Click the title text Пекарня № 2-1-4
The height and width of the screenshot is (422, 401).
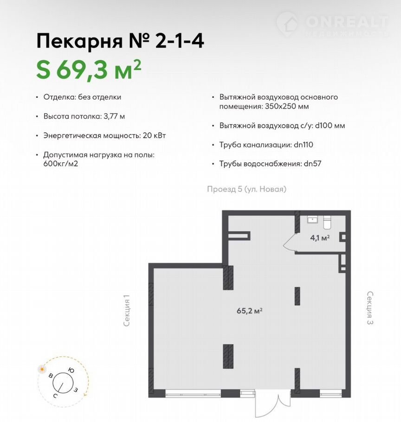point(120,41)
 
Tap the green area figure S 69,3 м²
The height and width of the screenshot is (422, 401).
point(89,70)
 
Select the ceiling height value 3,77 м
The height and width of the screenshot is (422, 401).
point(114,116)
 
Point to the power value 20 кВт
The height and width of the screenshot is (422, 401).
point(154,135)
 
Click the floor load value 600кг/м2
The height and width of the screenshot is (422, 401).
point(61,164)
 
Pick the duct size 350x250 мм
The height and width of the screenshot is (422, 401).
point(287,106)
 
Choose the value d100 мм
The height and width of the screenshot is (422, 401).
point(330,126)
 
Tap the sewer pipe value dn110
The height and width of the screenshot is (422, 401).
point(304,145)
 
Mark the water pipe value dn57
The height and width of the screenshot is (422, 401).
point(312,164)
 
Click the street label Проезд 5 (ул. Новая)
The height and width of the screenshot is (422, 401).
point(247,189)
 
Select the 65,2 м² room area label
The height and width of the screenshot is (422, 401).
point(250,311)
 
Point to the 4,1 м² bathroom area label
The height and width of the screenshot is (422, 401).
point(320,238)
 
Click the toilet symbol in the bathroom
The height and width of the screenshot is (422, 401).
point(327,222)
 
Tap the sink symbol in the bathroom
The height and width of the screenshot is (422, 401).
point(312,219)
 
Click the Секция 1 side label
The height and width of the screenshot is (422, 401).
point(127,311)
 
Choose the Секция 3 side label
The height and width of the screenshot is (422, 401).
point(370,307)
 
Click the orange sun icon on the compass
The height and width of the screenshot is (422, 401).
point(42,369)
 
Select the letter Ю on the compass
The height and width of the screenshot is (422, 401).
point(71,371)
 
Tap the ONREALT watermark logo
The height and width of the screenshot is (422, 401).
point(333,25)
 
